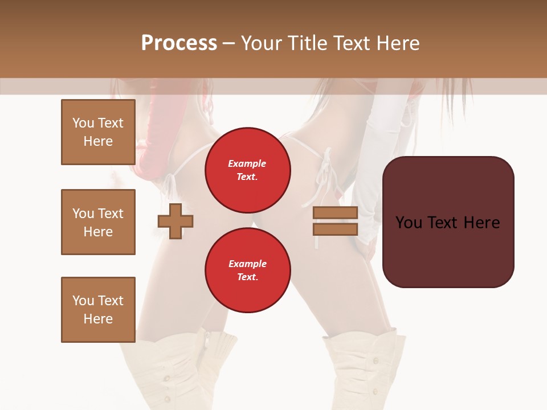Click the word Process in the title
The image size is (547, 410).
179,43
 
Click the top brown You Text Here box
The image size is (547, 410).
98,132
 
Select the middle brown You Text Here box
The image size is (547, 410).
98,222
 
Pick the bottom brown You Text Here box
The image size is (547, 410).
98,309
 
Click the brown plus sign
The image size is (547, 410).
175,221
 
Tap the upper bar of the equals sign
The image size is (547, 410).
335,212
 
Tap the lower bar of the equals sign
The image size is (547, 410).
335,229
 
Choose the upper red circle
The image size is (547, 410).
247,170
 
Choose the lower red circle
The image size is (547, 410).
247,270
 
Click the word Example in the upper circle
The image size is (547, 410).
247,163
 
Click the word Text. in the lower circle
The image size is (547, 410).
247,277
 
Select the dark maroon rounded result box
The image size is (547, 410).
448,222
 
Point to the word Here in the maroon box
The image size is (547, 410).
481,222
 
